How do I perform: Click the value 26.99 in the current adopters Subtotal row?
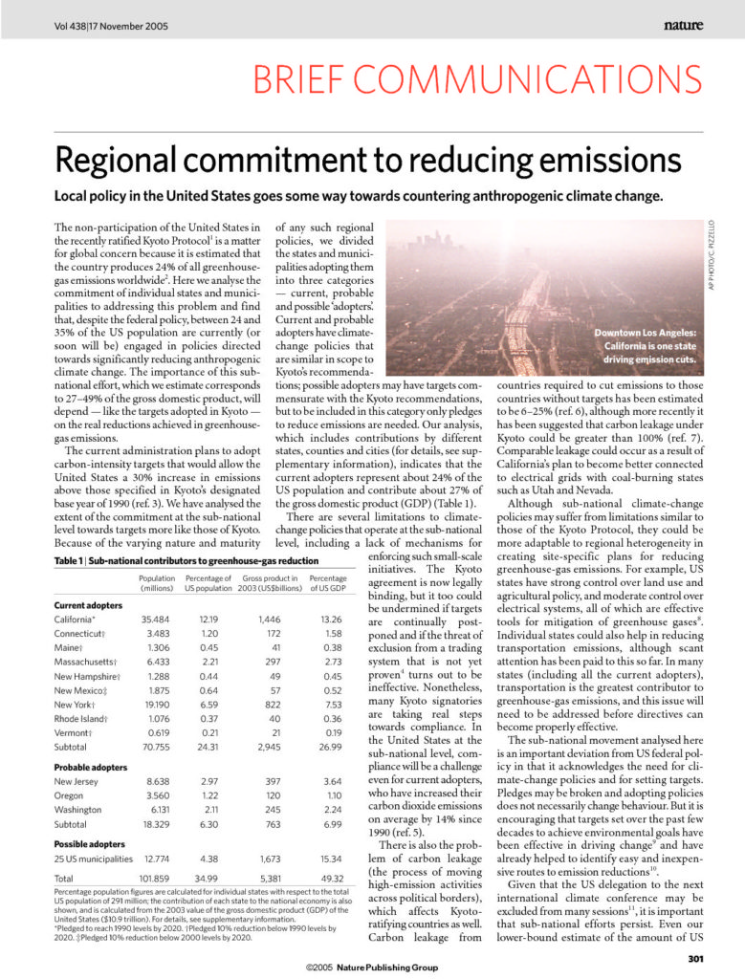331,746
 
